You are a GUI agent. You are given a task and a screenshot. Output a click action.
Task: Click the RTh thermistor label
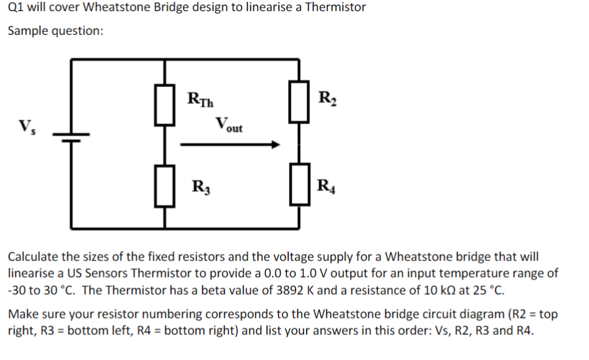[x=201, y=100]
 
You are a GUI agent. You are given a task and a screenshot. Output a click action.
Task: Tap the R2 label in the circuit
[x=326, y=100]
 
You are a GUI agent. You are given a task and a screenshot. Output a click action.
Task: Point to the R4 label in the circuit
[x=326, y=185]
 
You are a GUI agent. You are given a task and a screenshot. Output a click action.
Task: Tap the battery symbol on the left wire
[x=71, y=138]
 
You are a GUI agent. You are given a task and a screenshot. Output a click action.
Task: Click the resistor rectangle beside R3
[x=165, y=187]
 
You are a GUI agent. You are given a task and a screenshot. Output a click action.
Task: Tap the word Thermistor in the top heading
[x=334, y=8]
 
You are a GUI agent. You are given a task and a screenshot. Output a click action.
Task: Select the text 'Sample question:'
[x=55, y=31]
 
